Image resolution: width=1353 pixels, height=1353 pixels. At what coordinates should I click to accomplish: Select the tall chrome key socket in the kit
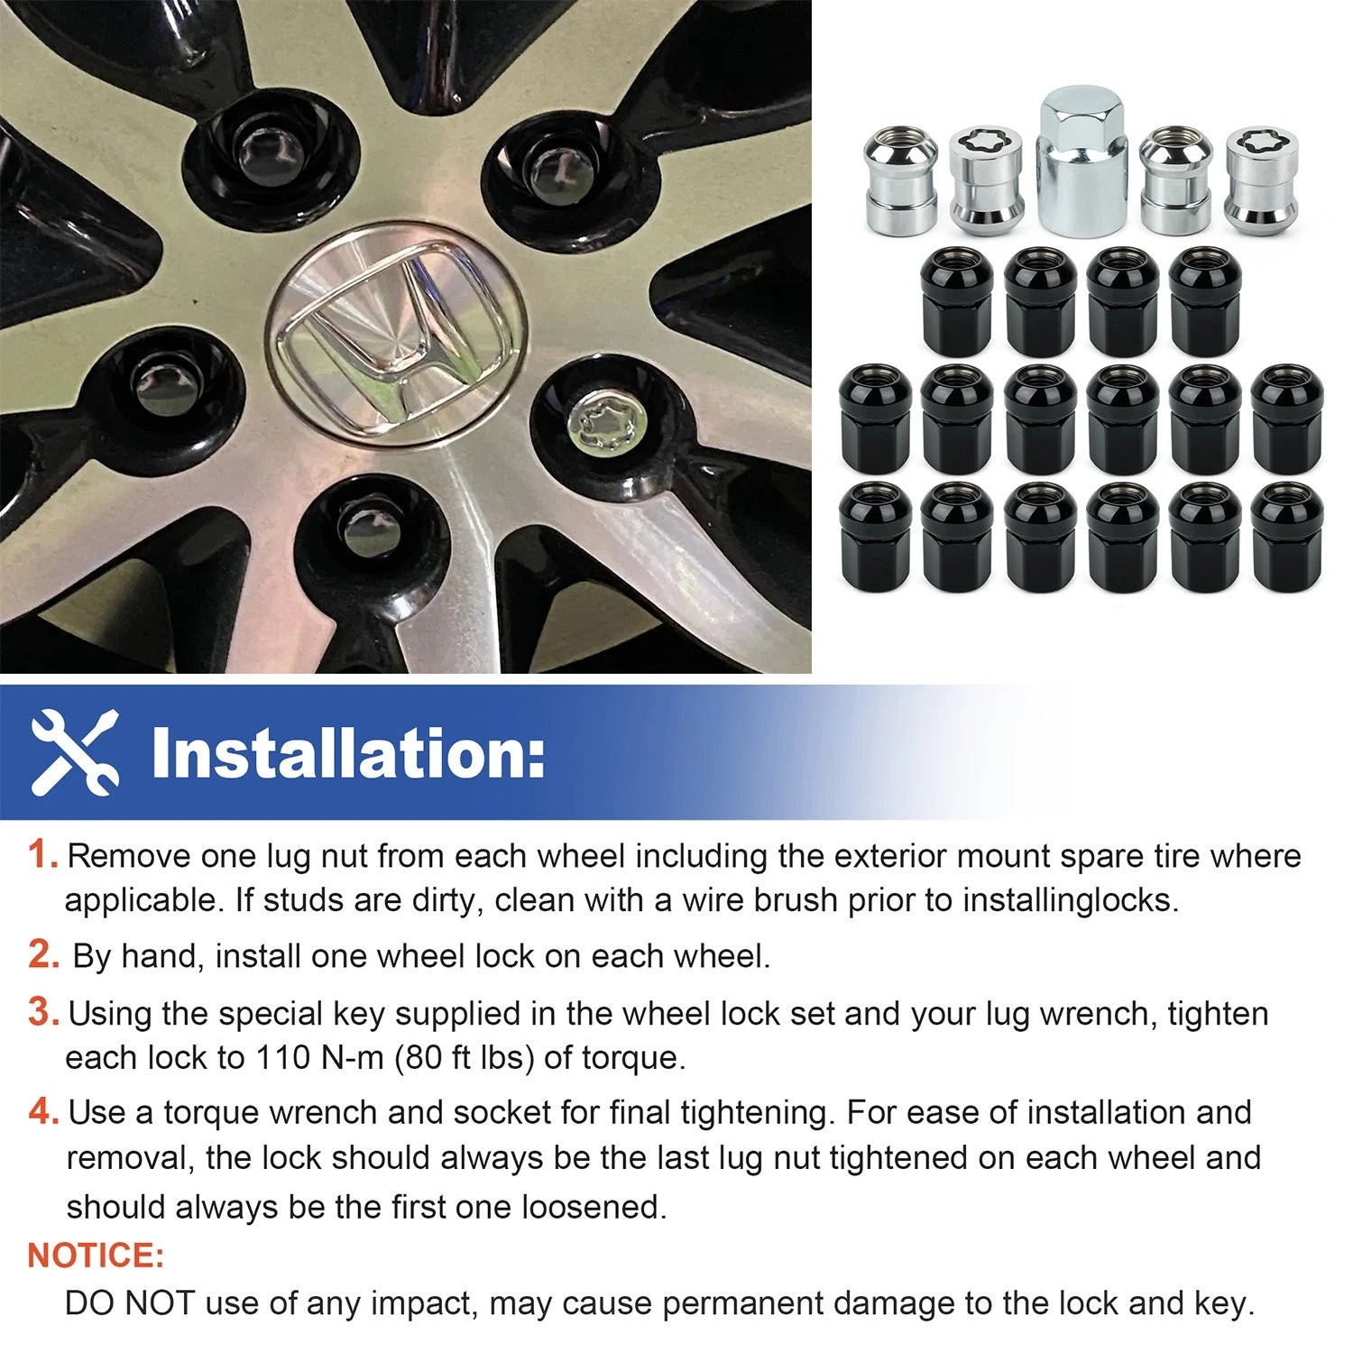pyautogui.click(x=1077, y=161)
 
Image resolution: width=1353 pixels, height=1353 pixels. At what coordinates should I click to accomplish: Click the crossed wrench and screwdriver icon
pyautogui.click(x=75, y=752)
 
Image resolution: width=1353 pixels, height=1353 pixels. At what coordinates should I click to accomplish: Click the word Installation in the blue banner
pyautogui.click(x=348, y=753)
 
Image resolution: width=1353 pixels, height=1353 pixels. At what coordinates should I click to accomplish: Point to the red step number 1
pyautogui.click(x=42, y=854)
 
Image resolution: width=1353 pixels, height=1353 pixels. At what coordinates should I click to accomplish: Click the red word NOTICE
pyautogui.click(x=96, y=1256)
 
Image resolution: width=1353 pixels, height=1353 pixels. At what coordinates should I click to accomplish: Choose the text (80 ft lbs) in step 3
pyautogui.click(x=464, y=1057)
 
